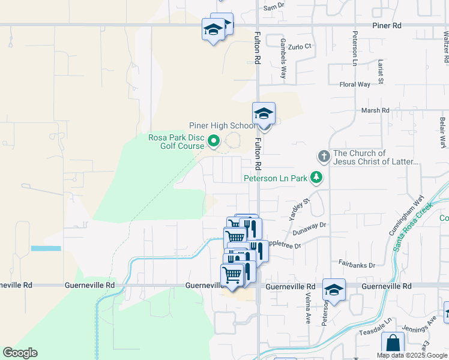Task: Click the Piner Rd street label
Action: click(x=386, y=26)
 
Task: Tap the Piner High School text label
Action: click(x=222, y=125)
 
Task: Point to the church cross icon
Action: click(x=324, y=157)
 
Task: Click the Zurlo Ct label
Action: click(x=300, y=46)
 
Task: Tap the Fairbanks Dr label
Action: click(x=357, y=264)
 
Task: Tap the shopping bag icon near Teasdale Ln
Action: click(x=393, y=344)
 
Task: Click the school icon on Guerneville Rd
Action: click(x=334, y=290)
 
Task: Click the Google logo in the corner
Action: click(x=20, y=353)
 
